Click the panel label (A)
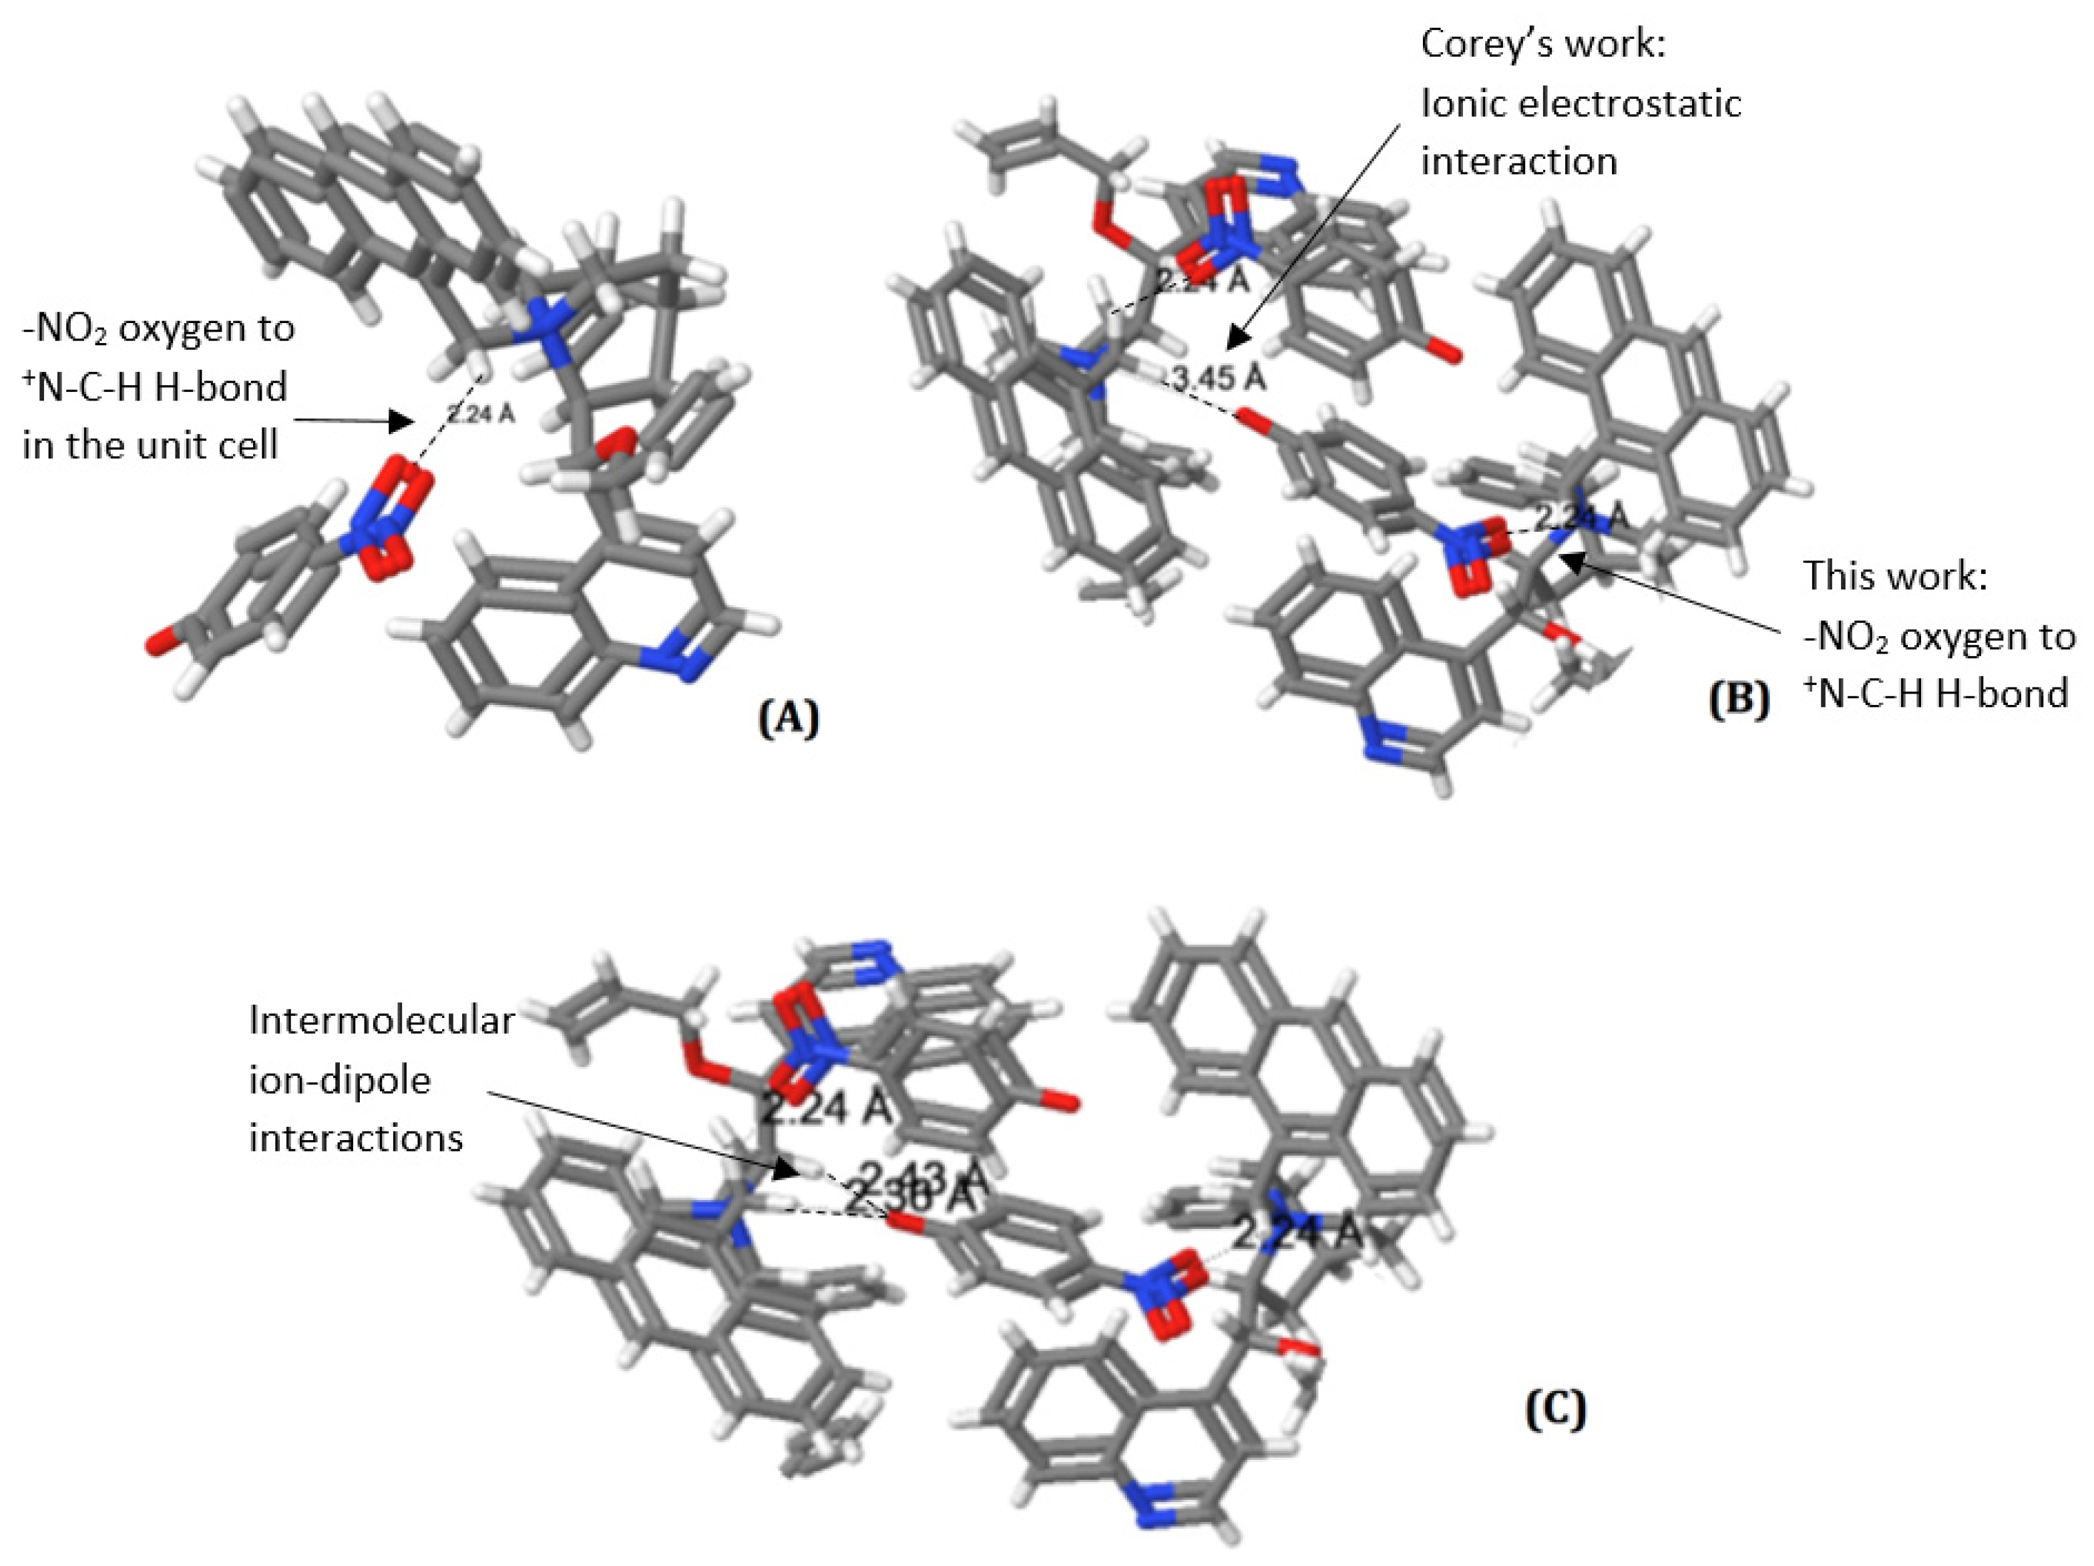789,719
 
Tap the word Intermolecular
381,1020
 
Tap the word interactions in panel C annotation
356,1137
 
